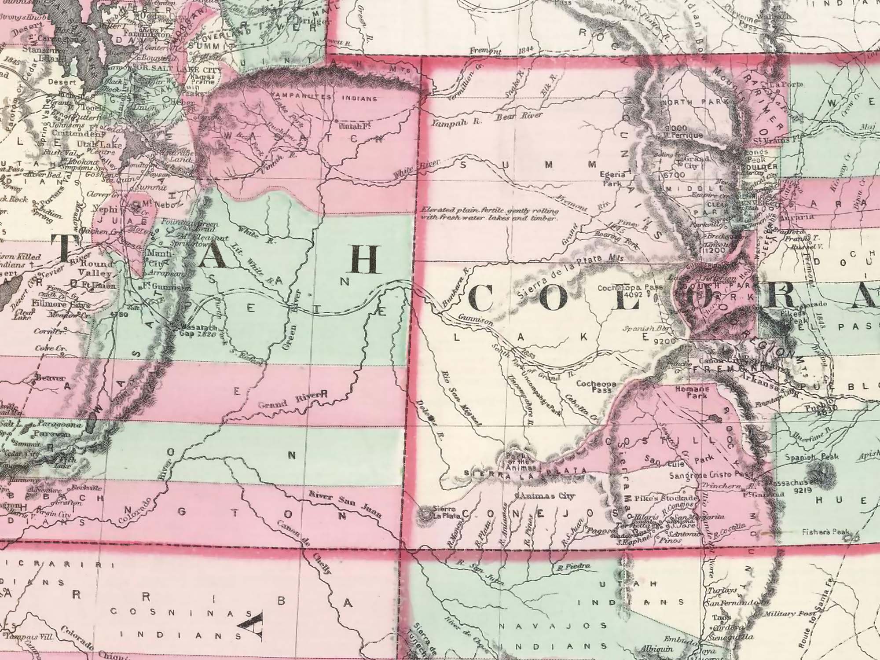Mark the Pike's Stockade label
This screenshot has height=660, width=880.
point(670,498)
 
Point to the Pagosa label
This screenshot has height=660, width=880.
point(598,530)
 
